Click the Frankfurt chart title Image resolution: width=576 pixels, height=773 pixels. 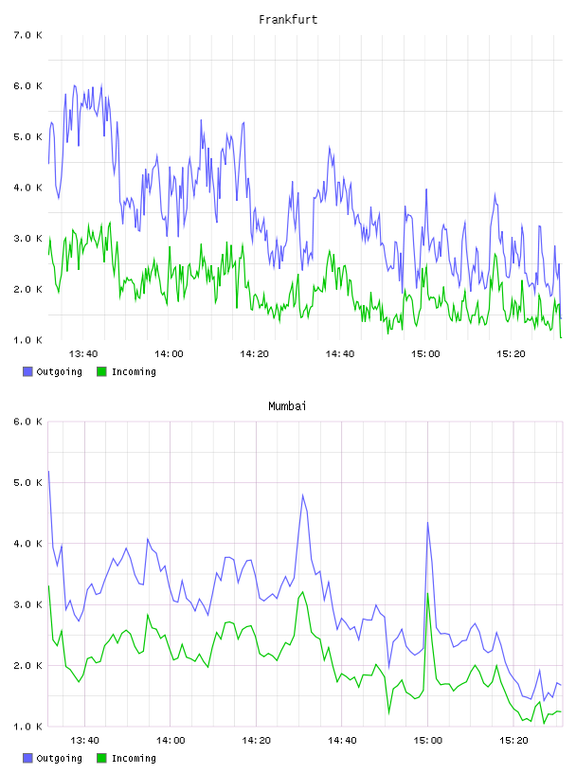(x=288, y=20)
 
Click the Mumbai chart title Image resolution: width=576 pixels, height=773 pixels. (x=287, y=406)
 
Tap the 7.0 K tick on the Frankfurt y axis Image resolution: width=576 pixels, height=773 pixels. (x=28, y=35)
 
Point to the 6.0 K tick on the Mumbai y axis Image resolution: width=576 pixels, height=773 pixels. (x=28, y=422)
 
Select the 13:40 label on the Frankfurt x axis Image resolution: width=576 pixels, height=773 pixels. (x=83, y=353)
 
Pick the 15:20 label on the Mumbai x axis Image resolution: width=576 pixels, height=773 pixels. (x=513, y=740)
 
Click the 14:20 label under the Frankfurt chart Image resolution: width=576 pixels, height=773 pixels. (x=255, y=353)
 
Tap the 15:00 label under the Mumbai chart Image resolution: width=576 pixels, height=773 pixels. (x=427, y=740)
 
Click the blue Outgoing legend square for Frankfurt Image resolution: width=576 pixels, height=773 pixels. (x=27, y=371)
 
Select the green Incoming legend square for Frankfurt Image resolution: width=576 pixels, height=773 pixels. (x=101, y=371)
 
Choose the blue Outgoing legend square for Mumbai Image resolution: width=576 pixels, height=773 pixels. (x=27, y=758)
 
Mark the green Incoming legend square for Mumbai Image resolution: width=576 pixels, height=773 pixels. (x=101, y=758)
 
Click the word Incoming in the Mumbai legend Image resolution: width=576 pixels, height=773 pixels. (x=134, y=758)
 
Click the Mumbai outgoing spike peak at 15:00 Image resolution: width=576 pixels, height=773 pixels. (x=427, y=523)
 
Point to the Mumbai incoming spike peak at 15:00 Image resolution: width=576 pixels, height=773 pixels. (x=427, y=594)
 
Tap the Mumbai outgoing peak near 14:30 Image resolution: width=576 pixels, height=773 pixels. (x=303, y=494)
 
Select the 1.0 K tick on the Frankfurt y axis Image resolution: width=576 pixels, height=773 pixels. (x=28, y=340)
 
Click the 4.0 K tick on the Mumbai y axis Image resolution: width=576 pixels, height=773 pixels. (x=28, y=543)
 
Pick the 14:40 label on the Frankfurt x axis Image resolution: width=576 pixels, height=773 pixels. (x=340, y=353)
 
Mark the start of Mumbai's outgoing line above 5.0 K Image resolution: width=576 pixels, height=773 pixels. (x=48, y=472)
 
